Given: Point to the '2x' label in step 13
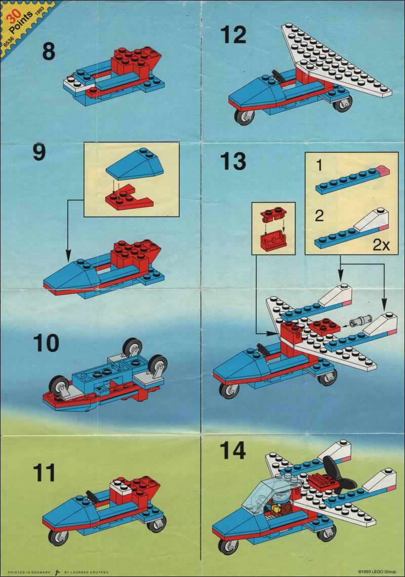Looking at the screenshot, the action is pyautogui.click(x=381, y=245).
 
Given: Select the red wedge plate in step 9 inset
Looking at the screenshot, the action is pyautogui.click(x=129, y=200).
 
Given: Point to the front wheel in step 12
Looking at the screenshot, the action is pyautogui.click(x=244, y=116).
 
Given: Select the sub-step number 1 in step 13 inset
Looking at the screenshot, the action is pyautogui.click(x=319, y=165).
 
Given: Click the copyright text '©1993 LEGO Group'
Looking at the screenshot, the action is pyautogui.click(x=377, y=571).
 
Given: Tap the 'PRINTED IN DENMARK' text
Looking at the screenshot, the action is pyautogui.click(x=29, y=572).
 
